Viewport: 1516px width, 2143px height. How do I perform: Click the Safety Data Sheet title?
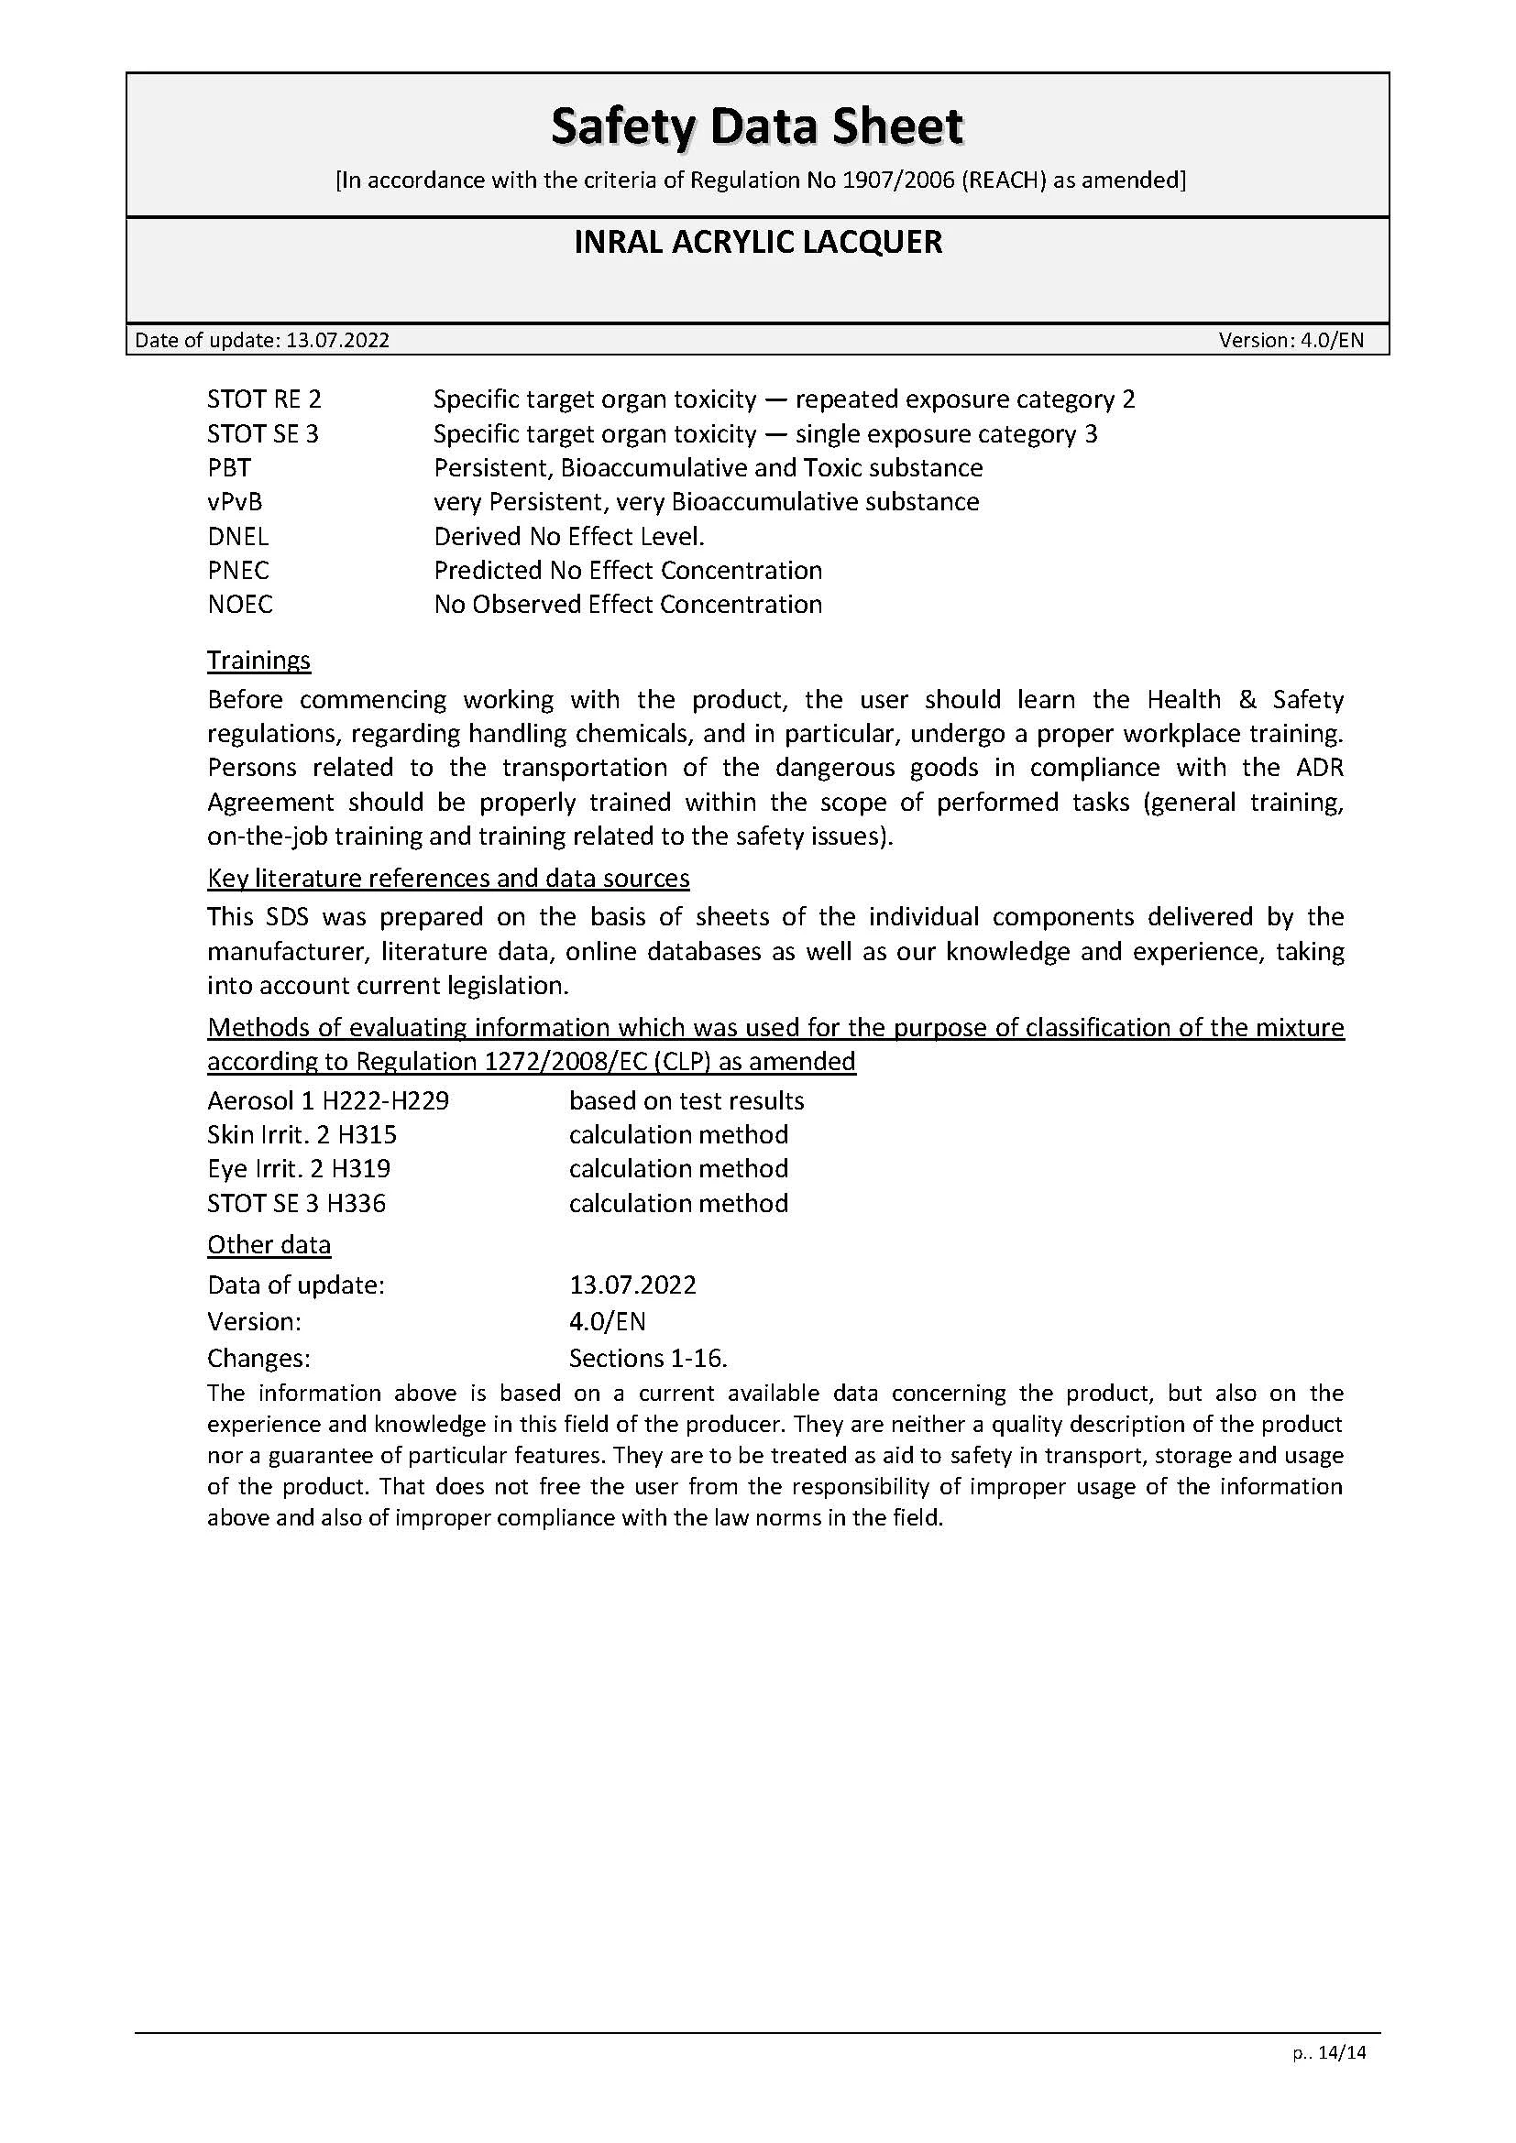click(757, 126)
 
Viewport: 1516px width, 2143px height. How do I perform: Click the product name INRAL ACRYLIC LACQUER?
click(757, 242)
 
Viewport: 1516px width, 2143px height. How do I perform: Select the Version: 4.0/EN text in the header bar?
click(1291, 340)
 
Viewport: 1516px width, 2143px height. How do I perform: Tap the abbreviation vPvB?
click(235, 502)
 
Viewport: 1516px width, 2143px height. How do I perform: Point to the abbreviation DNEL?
click(238, 537)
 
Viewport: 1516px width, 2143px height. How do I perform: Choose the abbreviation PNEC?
click(238, 570)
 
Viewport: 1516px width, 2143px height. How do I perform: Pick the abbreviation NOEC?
click(240, 605)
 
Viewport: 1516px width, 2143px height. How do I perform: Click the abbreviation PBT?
click(229, 467)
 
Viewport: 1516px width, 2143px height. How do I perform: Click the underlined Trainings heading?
click(258, 660)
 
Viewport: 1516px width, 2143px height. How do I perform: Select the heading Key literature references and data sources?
click(448, 879)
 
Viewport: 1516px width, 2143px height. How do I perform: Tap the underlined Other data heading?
click(269, 1245)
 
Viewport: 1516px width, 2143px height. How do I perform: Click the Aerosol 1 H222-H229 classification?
click(327, 1101)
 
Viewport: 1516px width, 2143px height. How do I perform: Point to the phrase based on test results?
click(687, 1101)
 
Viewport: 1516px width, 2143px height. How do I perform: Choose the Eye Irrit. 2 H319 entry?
click(299, 1168)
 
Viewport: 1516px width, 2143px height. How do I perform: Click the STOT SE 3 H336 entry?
click(296, 1203)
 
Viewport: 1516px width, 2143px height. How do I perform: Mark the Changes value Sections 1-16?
click(648, 1358)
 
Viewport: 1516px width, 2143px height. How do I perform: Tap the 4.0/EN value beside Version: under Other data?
click(607, 1322)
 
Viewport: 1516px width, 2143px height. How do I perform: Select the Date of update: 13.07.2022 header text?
click(262, 340)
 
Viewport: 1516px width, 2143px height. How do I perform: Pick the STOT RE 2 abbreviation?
click(264, 399)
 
